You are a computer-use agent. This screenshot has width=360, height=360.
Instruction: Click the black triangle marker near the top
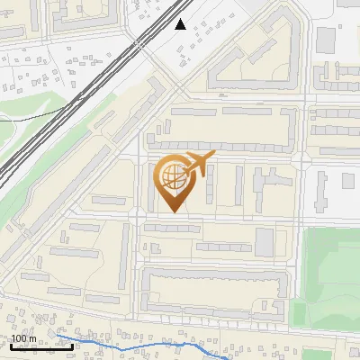[x=181, y=24]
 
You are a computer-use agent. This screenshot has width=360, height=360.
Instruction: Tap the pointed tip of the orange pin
[x=172, y=211]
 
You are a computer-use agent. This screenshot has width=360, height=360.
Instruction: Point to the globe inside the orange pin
[x=171, y=177]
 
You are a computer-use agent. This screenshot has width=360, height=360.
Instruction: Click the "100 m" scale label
[x=24, y=338]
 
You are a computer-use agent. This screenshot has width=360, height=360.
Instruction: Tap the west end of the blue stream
[x=59, y=330]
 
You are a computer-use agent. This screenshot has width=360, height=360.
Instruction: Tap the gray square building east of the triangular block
[x=325, y=39]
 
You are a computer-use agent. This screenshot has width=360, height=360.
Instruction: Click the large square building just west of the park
[x=264, y=241]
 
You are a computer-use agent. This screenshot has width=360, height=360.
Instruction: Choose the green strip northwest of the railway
[x=27, y=121]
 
